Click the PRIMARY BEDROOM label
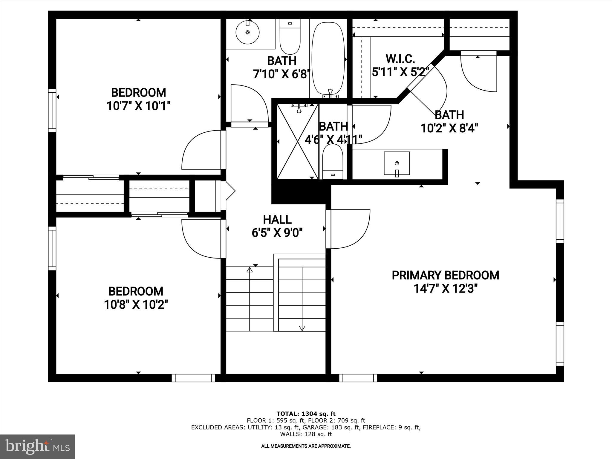tap(445, 275)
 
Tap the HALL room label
tap(277, 220)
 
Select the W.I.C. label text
tap(400, 59)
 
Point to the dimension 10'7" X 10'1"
tap(138, 106)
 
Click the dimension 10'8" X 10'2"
tap(136, 305)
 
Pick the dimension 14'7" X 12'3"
tap(445, 289)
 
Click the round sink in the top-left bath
tap(247, 32)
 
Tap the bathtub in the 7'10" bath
tap(328, 57)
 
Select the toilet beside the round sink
tap(290, 37)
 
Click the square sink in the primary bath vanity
tap(397, 163)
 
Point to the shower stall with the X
tap(297, 141)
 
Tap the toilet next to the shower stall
tap(333, 161)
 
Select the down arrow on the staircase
tap(302, 328)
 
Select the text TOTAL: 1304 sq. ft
tap(306, 414)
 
